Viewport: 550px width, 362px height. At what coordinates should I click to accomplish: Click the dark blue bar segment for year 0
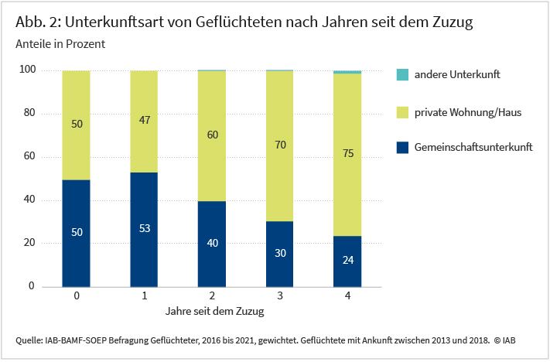pos(76,232)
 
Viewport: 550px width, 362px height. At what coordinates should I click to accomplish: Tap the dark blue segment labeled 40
pos(212,243)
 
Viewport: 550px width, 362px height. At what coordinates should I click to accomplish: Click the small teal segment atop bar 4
pos(347,72)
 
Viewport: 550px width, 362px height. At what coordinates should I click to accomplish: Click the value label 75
pos(347,154)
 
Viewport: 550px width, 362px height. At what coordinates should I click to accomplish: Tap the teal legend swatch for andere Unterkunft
pos(401,75)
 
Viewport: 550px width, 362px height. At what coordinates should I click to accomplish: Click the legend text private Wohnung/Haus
pos(467,113)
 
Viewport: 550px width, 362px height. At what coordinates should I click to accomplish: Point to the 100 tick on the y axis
pos(28,70)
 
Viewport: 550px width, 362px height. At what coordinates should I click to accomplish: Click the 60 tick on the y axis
pos(30,157)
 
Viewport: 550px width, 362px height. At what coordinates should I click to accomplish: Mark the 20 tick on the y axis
pos(30,243)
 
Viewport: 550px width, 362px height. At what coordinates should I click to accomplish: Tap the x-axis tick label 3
pos(279,296)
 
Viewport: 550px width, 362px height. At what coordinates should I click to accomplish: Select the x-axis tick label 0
pos(76,296)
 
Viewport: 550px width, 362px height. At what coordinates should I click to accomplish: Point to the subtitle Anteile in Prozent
pos(60,44)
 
